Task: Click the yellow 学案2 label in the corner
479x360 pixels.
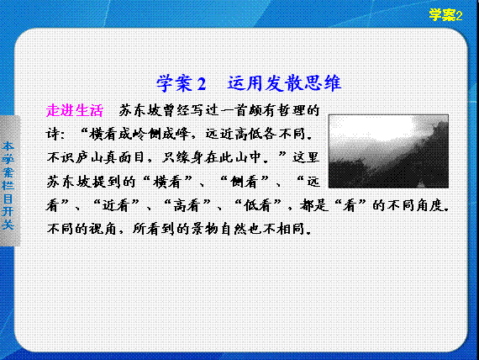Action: pos(445,14)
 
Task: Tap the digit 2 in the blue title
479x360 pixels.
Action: pos(202,83)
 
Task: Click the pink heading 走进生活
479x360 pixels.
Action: pos(74,110)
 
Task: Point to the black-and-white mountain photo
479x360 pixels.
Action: pos(388,151)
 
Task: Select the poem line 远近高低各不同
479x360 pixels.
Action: pos(255,134)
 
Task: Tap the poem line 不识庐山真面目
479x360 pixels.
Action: pos(97,158)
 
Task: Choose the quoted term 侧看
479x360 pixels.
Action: pos(243,182)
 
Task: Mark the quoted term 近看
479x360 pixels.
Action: pos(115,205)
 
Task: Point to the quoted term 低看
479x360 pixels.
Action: pos(257,205)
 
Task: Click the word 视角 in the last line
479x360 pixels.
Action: pos(103,229)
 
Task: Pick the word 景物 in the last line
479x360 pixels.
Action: pos(205,229)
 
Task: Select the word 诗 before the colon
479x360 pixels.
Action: pos(53,134)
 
